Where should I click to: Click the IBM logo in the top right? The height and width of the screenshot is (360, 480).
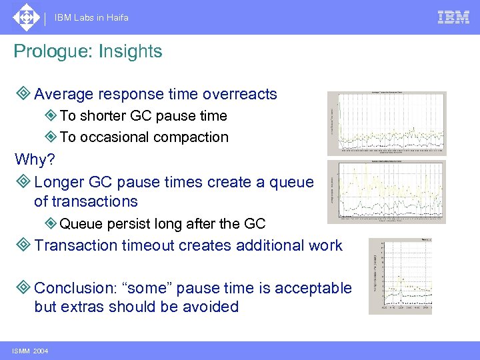(453, 17)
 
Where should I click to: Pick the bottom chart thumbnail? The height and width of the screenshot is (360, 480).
(400, 275)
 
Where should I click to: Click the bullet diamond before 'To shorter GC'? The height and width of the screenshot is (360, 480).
(50, 116)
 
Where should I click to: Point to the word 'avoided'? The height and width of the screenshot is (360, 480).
(210, 307)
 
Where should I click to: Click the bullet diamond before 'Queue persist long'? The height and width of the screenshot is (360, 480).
(50, 224)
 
